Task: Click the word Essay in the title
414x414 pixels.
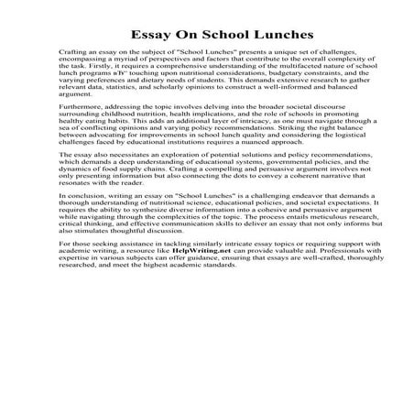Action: click(x=149, y=35)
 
